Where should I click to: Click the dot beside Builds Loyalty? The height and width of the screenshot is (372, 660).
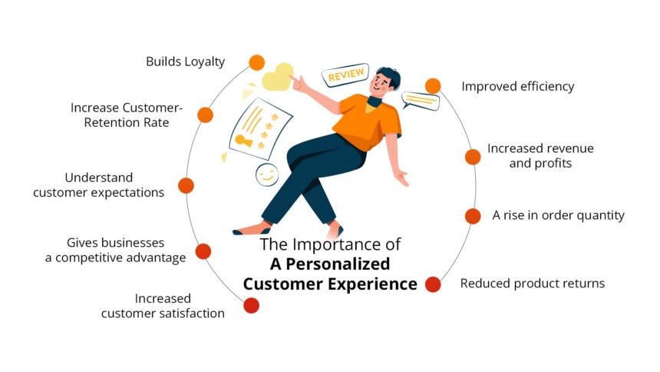[x=257, y=63]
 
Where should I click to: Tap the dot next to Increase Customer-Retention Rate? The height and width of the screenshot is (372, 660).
[x=205, y=115]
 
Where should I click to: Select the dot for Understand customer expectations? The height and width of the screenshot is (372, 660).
[x=186, y=185]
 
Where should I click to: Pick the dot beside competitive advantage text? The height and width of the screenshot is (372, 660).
[x=203, y=251]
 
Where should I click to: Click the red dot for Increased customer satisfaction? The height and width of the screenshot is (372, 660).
[x=251, y=305]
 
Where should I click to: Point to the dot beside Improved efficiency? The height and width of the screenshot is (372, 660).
[x=433, y=86]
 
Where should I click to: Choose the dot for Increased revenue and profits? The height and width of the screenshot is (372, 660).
[x=473, y=157]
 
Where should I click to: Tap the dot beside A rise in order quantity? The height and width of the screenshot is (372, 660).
[x=473, y=216]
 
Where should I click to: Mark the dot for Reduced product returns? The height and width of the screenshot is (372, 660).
[x=433, y=284]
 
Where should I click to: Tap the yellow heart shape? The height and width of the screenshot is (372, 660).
[x=279, y=78]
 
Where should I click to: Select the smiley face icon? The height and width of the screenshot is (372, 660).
[x=267, y=174]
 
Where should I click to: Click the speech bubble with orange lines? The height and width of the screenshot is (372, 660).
[x=420, y=101]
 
